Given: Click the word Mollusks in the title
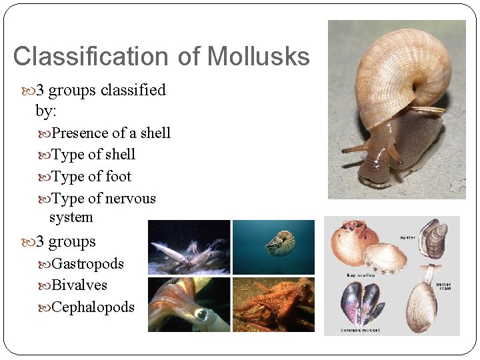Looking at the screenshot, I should (258, 57).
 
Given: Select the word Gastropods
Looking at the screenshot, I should (87, 264).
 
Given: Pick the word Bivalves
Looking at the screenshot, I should (79, 285).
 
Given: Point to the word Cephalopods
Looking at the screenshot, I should (93, 307).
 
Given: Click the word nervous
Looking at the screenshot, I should (130, 199).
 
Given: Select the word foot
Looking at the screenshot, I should (118, 177).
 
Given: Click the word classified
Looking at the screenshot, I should (133, 90).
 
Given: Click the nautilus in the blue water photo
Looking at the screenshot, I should (280, 244).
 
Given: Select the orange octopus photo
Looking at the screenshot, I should (273, 304).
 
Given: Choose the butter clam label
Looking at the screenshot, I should (443, 287).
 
